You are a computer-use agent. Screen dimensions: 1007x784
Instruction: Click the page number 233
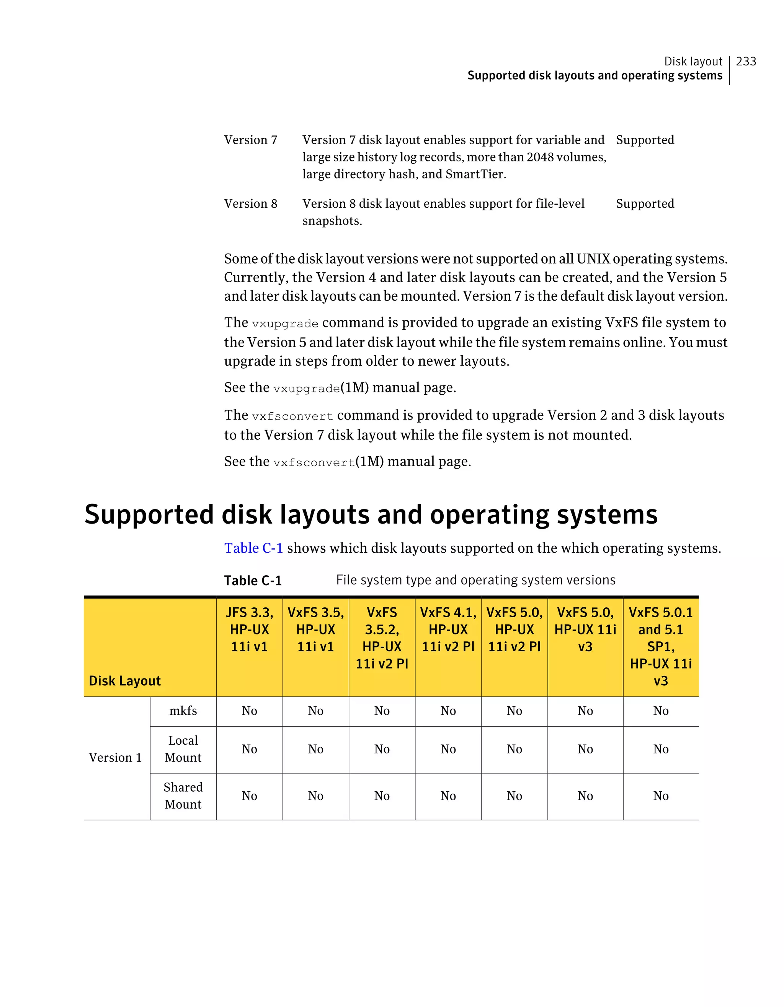(x=746, y=61)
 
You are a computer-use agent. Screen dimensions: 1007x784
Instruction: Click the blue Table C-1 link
(x=253, y=548)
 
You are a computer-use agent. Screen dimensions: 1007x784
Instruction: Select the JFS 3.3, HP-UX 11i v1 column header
(x=249, y=630)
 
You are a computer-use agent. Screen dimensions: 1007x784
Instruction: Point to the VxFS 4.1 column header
(x=448, y=630)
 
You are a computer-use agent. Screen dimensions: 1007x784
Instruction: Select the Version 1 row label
(x=115, y=758)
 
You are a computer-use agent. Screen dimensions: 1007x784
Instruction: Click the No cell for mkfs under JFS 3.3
(x=249, y=711)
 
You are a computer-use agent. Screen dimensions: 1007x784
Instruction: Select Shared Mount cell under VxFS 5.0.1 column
(x=660, y=796)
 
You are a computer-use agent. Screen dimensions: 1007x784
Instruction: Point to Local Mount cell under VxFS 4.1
(x=448, y=749)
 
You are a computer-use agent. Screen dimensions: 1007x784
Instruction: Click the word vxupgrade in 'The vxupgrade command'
(x=285, y=324)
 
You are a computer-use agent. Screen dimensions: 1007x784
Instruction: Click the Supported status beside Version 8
(x=645, y=203)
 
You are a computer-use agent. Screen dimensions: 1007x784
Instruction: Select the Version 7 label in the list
(x=251, y=140)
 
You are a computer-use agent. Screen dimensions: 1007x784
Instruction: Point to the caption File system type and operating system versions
(x=475, y=580)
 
